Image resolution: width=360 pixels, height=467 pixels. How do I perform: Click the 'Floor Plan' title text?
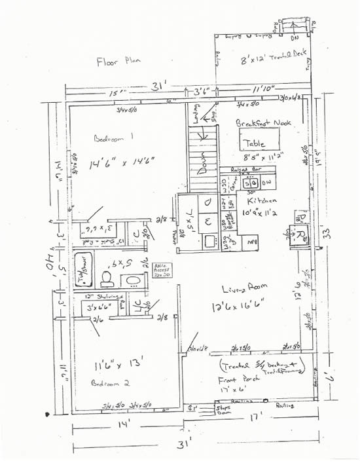pyautogui.click(x=118, y=62)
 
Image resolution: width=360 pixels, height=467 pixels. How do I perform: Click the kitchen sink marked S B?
pyautogui.click(x=253, y=183)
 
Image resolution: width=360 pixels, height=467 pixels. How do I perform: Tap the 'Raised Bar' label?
pyautogui.click(x=255, y=170)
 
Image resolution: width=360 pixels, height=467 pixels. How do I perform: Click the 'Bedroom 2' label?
pyautogui.click(x=107, y=383)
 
